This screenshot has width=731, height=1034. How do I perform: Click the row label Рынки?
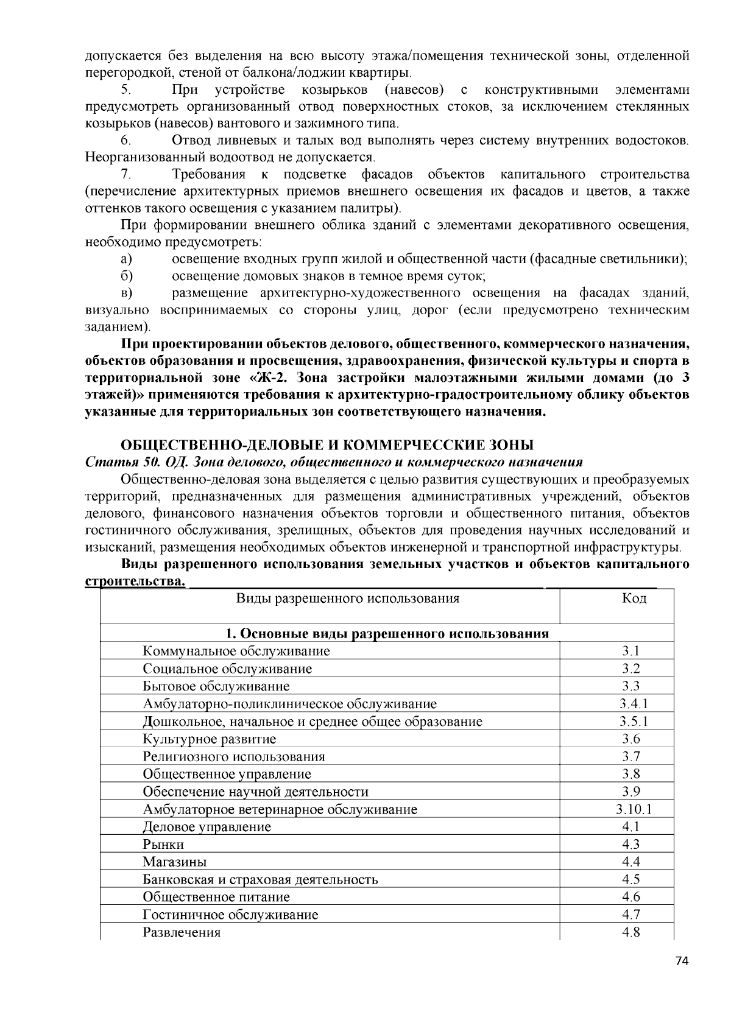click(163, 845)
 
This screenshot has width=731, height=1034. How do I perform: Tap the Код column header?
click(634, 598)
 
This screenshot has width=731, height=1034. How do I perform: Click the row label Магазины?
click(175, 862)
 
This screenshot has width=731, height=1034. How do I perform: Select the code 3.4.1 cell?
click(634, 704)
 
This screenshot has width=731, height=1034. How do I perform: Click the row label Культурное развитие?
click(210, 739)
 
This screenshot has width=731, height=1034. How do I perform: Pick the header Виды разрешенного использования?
click(348, 598)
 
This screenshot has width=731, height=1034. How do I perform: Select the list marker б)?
click(127, 276)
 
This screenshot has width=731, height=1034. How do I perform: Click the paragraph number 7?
click(126, 175)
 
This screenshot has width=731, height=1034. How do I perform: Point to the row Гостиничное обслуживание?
click(230, 915)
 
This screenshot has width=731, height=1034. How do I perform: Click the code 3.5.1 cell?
click(634, 722)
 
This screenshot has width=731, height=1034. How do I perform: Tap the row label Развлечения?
click(182, 932)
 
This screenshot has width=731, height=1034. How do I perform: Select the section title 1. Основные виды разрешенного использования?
click(387, 633)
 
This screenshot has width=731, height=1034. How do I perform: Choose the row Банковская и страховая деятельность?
click(260, 879)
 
